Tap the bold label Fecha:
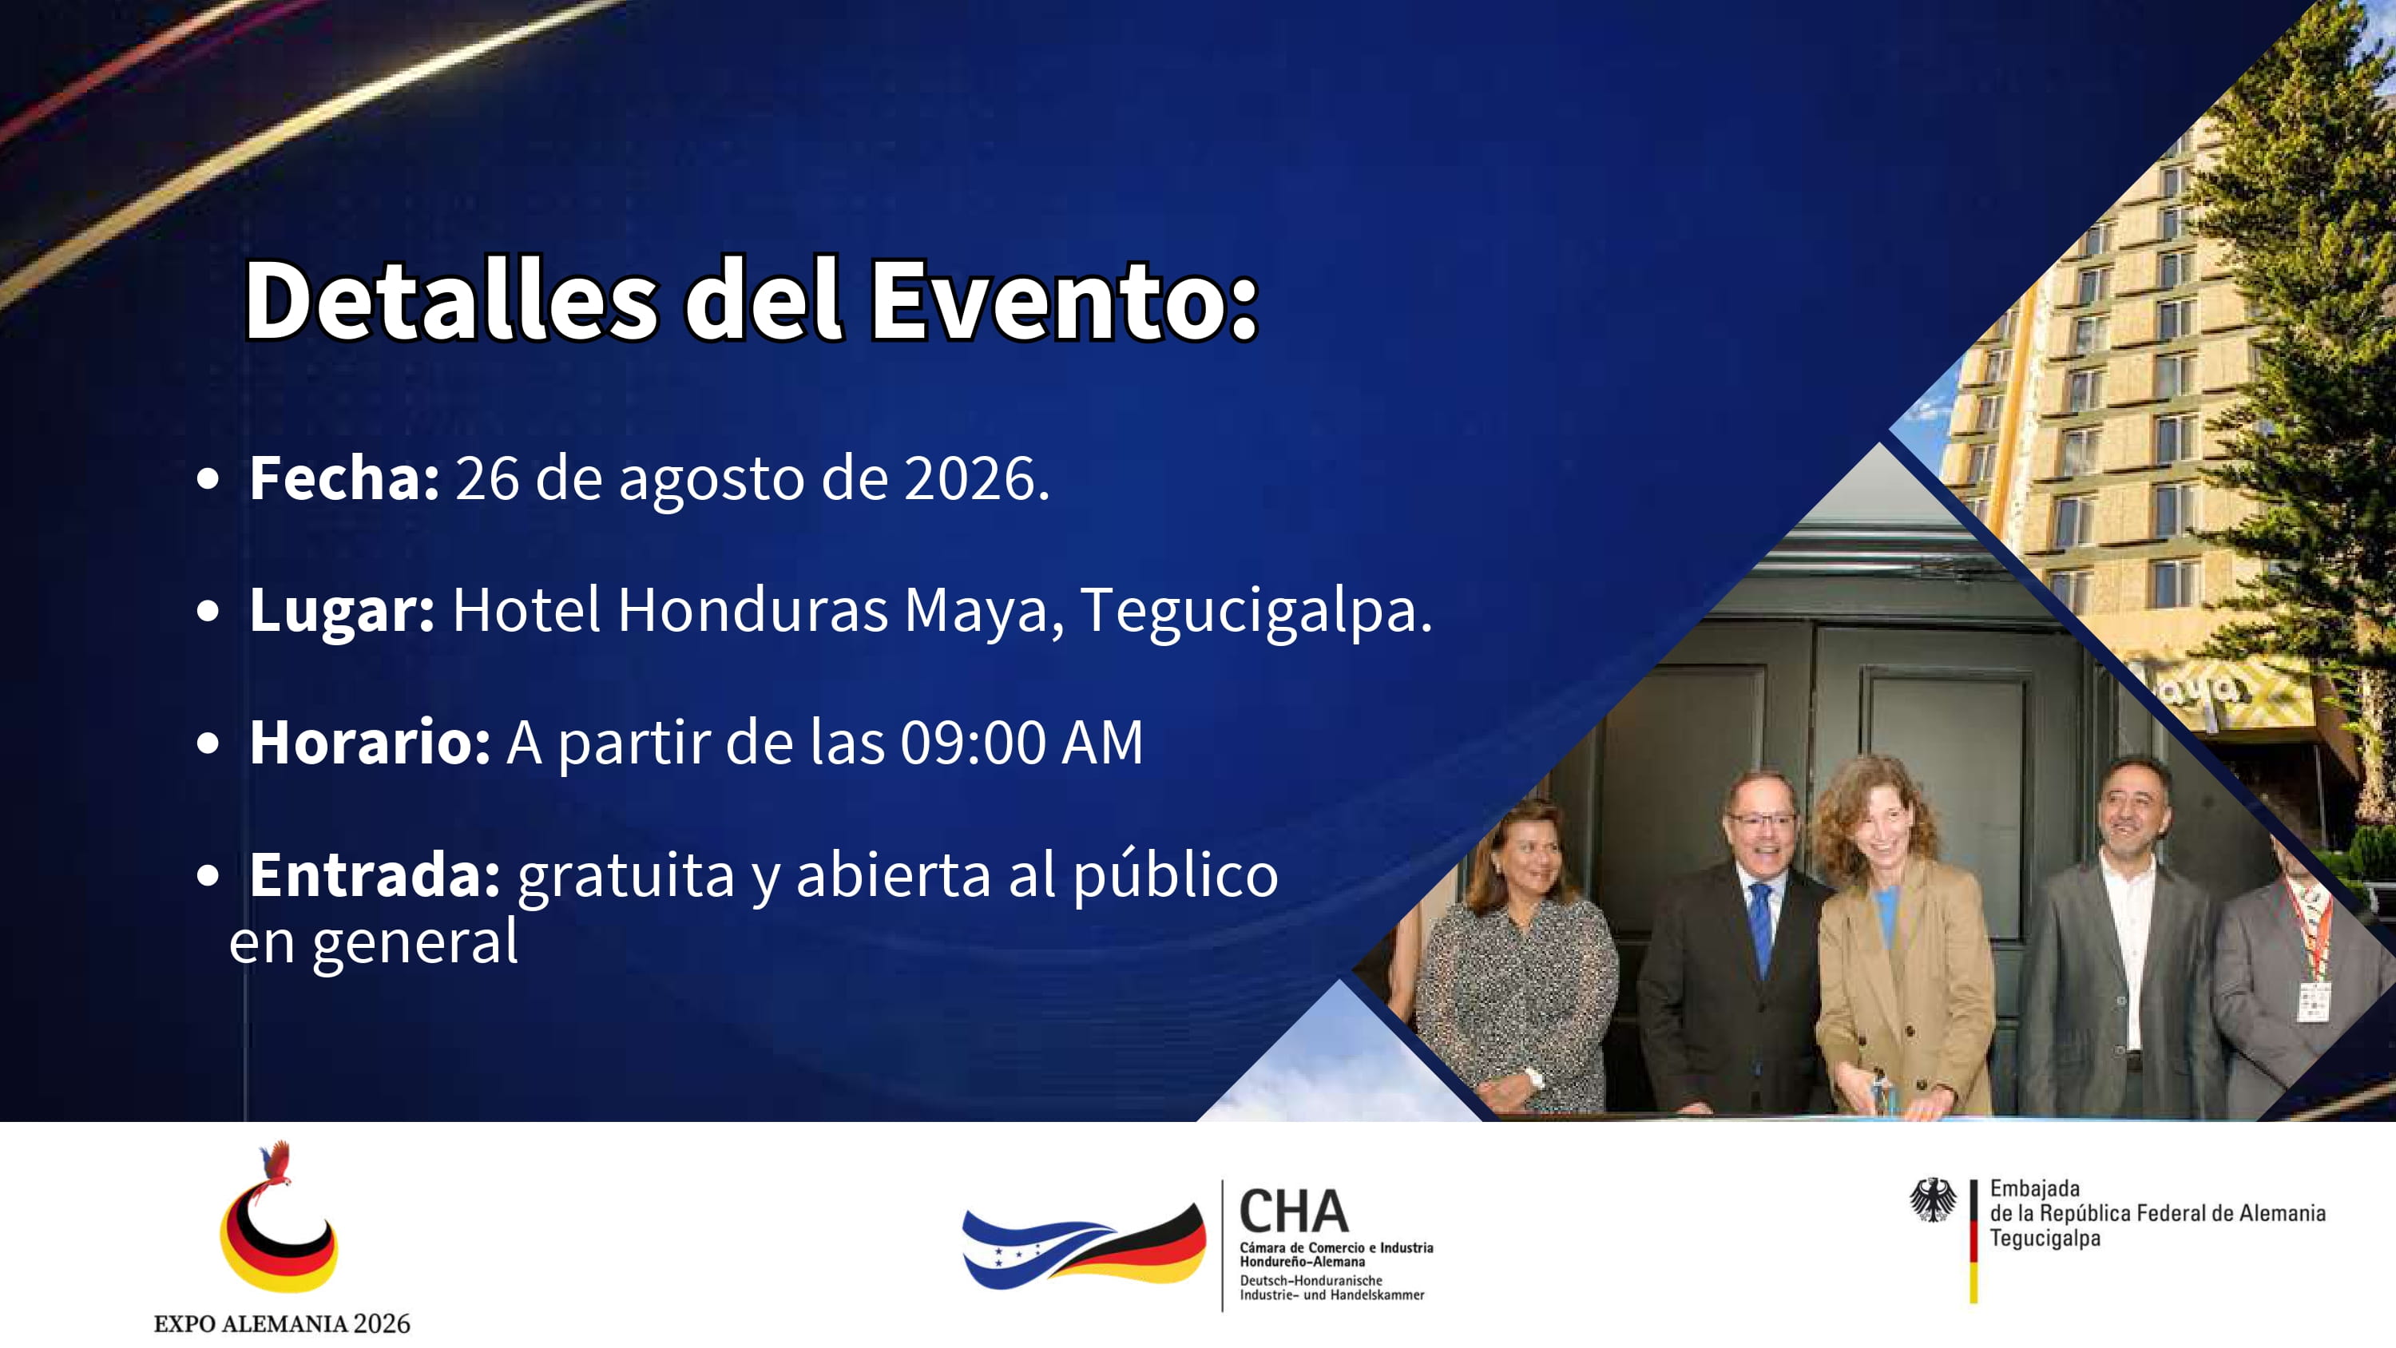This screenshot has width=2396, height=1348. [344, 478]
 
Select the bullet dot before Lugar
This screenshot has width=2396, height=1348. [208, 611]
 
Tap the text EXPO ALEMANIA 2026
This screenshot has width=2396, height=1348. [282, 1323]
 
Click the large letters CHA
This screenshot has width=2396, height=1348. [1294, 1211]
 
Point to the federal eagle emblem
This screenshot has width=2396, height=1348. [1933, 1199]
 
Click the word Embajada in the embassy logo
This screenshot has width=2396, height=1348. [2034, 1188]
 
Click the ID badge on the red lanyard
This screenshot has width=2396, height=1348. [2312, 1001]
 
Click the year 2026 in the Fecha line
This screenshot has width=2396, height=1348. [977, 478]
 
